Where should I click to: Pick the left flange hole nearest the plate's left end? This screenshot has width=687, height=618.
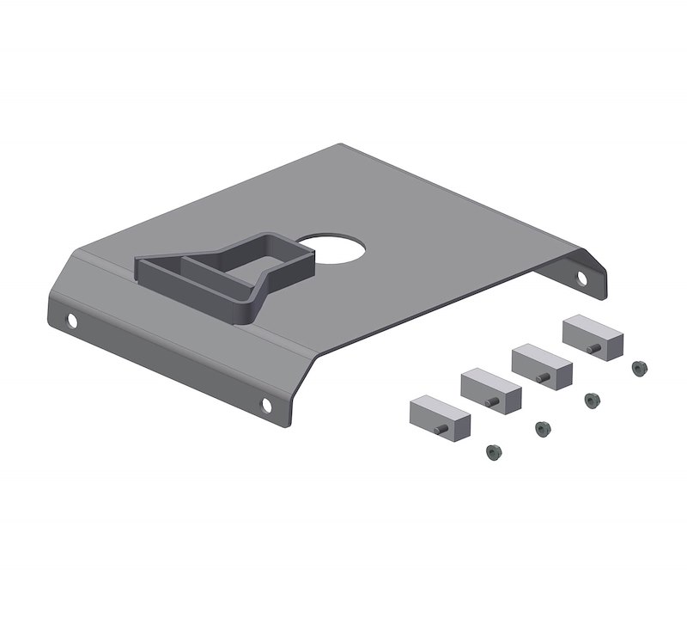click(x=72, y=322)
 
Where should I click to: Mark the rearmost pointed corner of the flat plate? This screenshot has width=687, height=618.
click(x=342, y=145)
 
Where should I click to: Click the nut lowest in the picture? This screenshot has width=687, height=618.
click(x=492, y=450)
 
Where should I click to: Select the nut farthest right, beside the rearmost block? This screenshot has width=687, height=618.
click(x=637, y=368)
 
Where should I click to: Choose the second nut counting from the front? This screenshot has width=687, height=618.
click(x=541, y=426)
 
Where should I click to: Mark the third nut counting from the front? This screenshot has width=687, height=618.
click(x=591, y=399)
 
